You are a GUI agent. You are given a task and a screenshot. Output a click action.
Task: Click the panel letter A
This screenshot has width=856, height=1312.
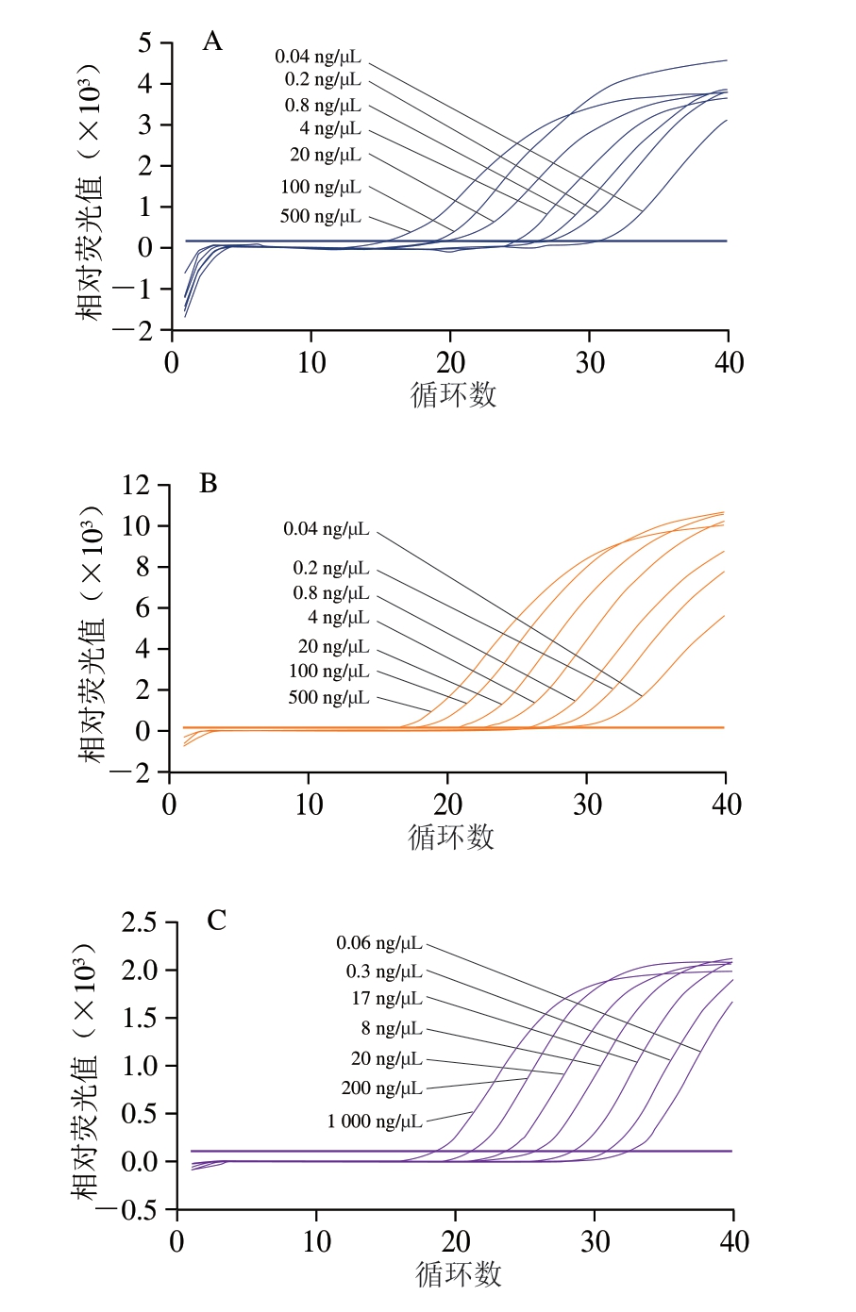click(x=212, y=42)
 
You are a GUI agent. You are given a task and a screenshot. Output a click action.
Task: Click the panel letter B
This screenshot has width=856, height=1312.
click(x=209, y=484)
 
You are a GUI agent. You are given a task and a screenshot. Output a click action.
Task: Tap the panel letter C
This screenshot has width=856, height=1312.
click(x=216, y=921)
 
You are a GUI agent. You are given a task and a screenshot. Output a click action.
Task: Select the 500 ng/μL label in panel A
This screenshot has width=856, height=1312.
click(x=320, y=216)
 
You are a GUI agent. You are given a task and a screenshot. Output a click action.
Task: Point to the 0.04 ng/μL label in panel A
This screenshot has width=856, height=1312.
click(x=318, y=58)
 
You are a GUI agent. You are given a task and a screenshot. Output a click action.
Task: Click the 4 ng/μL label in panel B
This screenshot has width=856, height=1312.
click(x=338, y=618)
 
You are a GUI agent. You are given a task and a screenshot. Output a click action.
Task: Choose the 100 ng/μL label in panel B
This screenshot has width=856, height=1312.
click(x=328, y=672)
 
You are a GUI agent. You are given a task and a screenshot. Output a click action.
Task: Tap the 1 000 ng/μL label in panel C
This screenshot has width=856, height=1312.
click(x=375, y=1121)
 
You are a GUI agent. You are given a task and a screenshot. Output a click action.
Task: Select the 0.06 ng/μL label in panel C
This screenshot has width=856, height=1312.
click(x=379, y=943)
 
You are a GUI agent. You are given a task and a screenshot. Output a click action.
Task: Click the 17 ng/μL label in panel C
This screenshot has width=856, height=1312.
click(x=387, y=998)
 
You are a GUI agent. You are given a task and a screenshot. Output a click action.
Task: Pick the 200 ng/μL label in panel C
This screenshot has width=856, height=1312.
click(x=381, y=1088)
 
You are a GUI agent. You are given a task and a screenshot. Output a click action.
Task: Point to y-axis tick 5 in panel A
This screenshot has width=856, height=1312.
click(x=144, y=42)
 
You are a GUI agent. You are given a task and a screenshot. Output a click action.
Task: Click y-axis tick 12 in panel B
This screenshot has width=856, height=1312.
click(x=135, y=485)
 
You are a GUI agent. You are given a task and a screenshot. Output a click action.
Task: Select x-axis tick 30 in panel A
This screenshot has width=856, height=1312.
click(x=590, y=362)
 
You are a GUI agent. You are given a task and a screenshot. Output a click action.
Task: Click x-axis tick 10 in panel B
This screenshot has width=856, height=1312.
click(x=309, y=805)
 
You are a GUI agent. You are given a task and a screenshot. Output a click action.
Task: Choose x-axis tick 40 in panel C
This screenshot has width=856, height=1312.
click(x=733, y=1240)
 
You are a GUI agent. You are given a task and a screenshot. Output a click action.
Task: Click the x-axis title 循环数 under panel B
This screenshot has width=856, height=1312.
click(x=451, y=837)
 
